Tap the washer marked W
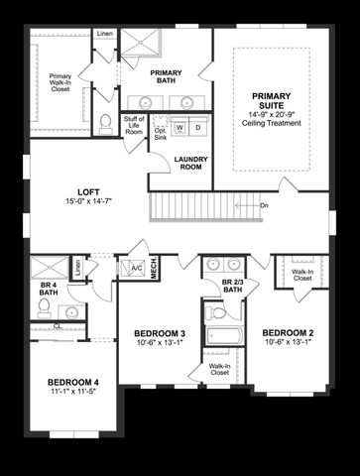pos(180,128)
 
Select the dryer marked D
pos(197,128)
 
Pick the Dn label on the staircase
pos(264,205)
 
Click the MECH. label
pos(154,269)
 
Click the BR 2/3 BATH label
pos(233,287)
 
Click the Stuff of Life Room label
pos(134,127)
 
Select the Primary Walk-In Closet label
pos(60,82)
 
